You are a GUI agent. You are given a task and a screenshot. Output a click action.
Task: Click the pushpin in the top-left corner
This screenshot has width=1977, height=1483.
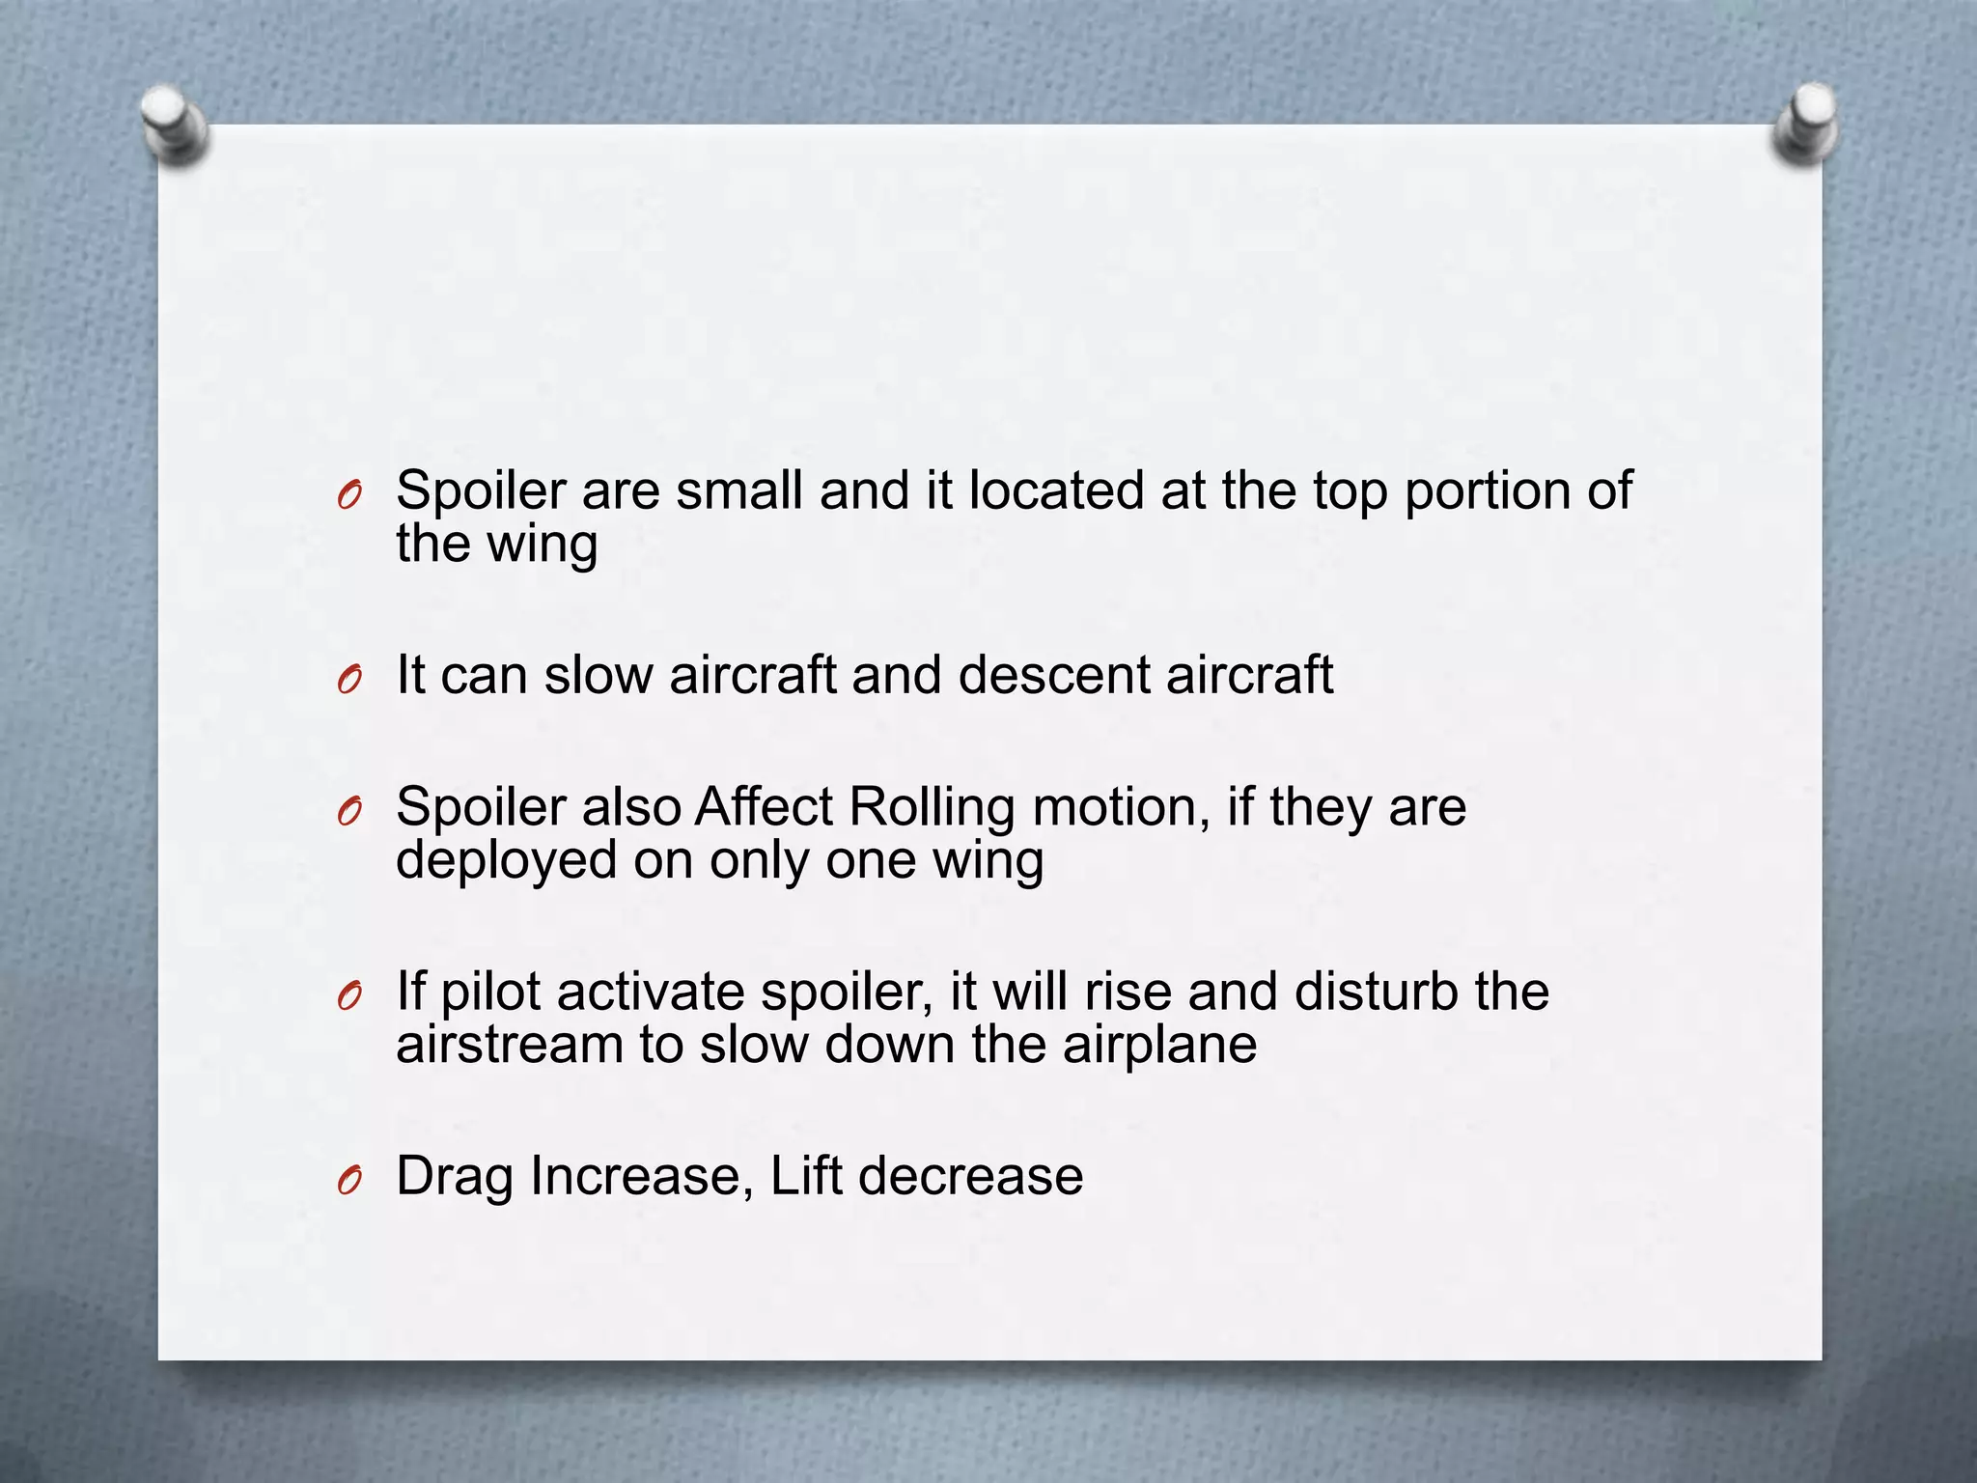pos(175,126)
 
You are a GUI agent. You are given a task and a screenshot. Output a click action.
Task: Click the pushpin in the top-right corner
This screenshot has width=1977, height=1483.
pos(1806,124)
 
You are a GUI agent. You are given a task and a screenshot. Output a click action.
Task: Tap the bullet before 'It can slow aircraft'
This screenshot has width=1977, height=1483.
pos(349,681)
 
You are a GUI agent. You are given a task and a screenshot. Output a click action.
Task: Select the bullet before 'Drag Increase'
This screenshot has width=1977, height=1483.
pos(349,1180)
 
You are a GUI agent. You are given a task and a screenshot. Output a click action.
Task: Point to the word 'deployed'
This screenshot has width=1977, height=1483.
pos(506,861)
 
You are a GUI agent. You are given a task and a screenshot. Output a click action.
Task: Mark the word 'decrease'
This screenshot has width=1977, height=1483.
pos(970,1176)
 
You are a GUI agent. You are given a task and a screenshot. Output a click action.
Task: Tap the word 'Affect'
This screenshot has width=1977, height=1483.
pos(764,807)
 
